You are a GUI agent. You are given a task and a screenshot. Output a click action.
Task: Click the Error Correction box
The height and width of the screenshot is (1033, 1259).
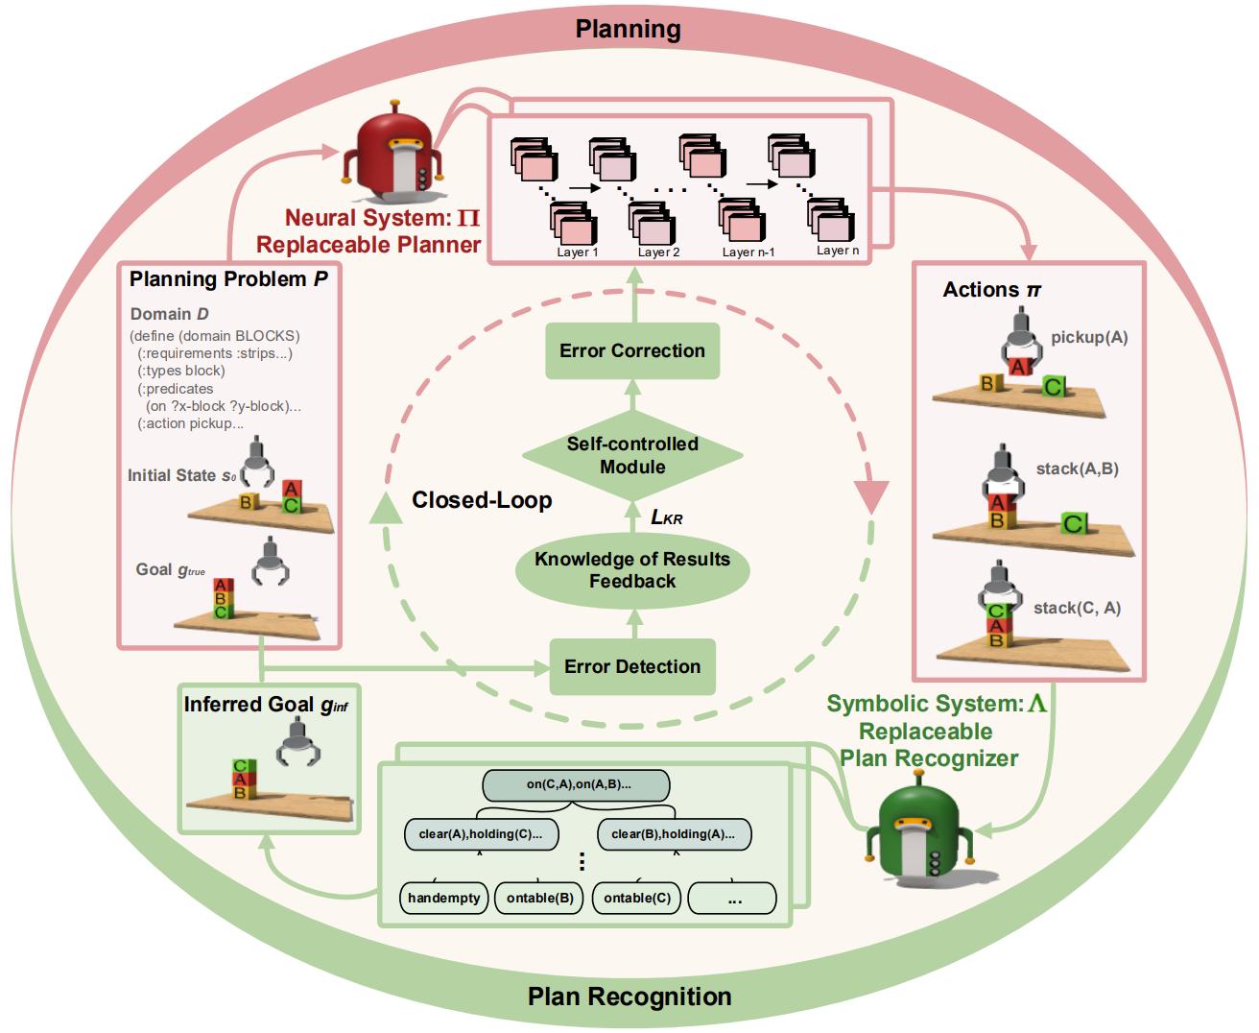[632, 350]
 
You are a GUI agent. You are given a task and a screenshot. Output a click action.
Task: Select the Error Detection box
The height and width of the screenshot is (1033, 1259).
[632, 666]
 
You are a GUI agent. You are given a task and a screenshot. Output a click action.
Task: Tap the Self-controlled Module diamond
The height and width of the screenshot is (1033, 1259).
[632, 456]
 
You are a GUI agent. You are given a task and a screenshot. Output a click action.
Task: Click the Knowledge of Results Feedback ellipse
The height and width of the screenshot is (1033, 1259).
[632, 570]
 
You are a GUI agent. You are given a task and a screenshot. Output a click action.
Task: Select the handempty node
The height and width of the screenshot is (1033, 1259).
[443, 899]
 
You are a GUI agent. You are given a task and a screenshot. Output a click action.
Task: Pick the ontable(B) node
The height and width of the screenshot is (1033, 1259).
[539, 899]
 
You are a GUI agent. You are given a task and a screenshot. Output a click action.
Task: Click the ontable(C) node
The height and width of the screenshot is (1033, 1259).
[636, 899]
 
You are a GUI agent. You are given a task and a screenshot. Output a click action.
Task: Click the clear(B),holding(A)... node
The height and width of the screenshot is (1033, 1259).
[674, 833]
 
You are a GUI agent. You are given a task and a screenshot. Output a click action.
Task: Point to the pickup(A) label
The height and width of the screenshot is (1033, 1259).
[1089, 338]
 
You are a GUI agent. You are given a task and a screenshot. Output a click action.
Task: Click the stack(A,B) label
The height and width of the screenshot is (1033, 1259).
[1077, 469]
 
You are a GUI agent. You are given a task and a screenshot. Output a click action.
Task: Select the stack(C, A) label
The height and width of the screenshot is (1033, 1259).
[1077, 608]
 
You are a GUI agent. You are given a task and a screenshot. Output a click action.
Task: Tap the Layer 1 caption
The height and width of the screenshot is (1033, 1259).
[578, 252]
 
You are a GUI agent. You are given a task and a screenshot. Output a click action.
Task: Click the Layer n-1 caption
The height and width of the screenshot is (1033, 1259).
[748, 252]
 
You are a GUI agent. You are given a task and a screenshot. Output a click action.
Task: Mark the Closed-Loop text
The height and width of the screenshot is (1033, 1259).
[482, 500]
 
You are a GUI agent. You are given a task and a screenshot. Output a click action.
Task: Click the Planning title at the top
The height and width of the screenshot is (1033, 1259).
[629, 29]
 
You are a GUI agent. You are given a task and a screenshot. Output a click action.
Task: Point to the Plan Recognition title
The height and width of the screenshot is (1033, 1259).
[629, 997]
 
